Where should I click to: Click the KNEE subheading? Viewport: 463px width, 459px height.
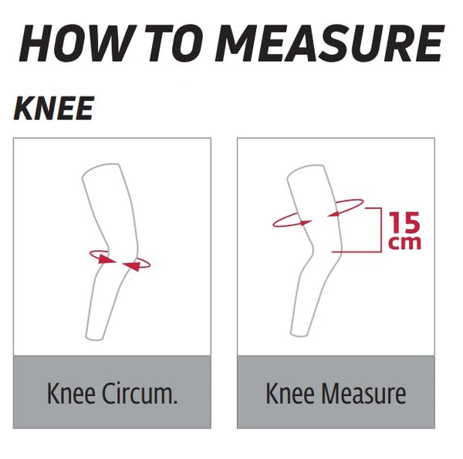tap(54, 110)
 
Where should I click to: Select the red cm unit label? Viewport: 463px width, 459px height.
tap(405, 242)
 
